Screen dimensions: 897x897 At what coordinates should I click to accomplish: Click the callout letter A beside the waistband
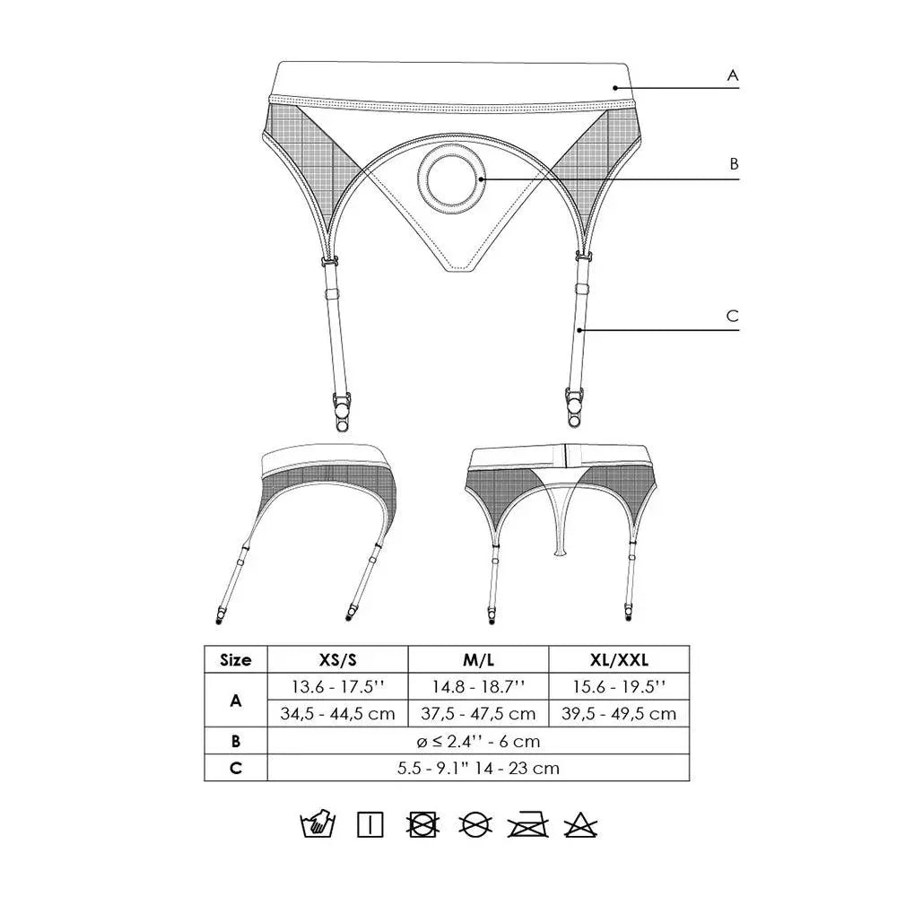pyautogui.click(x=732, y=76)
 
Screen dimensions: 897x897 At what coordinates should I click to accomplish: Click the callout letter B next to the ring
pyautogui.click(x=733, y=164)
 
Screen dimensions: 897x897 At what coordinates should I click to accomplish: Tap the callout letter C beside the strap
pyautogui.click(x=732, y=316)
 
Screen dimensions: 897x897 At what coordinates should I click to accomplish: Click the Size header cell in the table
pyautogui.click(x=235, y=659)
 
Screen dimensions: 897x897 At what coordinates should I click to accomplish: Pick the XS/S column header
pyautogui.click(x=338, y=659)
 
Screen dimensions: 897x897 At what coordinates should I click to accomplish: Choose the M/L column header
pyautogui.click(x=478, y=659)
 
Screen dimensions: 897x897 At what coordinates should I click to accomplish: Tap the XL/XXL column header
pyautogui.click(x=619, y=659)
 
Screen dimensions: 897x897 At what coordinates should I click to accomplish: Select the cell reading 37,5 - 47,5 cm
pyautogui.click(x=478, y=714)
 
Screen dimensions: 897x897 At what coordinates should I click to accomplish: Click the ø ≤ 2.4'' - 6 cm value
pyautogui.click(x=478, y=741)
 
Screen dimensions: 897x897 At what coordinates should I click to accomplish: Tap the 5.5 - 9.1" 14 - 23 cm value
pyautogui.click(x=478, y=768)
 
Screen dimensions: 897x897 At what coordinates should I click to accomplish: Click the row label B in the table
pyautogui.click(x=235, y=741)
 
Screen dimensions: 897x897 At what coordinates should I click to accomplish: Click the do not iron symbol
pyautogui.click(x=528, y=824)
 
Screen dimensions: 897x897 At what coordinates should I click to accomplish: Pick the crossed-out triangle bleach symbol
pyautogui.click(x=582, y=824)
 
